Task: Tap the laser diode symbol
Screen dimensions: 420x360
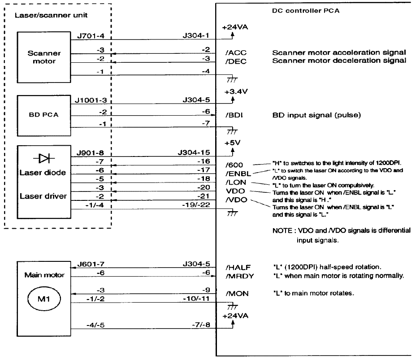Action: (x=44, y=158)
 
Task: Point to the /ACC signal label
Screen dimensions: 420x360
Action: (x=236, y=53)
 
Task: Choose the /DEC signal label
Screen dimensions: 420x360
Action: (x=236, y=61)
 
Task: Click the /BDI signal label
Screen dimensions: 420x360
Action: (x=234, y=115)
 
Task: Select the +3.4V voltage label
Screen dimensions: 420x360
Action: (x=236, y=91)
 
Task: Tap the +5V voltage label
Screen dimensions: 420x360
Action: (x=233, y=143)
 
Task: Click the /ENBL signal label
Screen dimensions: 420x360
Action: (x=238, y=173)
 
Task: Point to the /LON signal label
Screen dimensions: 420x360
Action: (x=236, y=182)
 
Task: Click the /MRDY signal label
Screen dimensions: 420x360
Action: (x=240, y=276)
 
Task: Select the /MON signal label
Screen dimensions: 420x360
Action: (x=237, y=294)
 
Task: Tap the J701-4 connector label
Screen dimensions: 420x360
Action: (x=91, y=36)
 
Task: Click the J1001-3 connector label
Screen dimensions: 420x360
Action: (x=91, y=100)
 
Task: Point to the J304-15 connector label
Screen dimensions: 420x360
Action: (x=194, y=153)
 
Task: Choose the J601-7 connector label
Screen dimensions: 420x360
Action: (x=91, y=265)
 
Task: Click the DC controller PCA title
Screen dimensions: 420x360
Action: (x=306, y=11)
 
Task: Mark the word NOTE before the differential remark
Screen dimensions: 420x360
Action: (x=282, y=230)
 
